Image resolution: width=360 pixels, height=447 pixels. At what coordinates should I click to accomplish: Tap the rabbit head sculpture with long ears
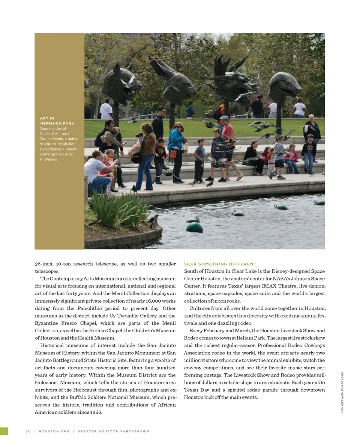171,81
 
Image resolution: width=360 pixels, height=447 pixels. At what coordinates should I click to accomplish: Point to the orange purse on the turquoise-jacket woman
173,154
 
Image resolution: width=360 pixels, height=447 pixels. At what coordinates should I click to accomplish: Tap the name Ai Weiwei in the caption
49,159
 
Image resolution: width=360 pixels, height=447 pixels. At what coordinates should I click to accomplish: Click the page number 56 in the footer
28,431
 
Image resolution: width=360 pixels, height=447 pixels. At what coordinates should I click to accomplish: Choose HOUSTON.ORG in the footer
54,431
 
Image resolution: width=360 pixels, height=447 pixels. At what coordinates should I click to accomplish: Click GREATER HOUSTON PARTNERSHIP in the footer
113,431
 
